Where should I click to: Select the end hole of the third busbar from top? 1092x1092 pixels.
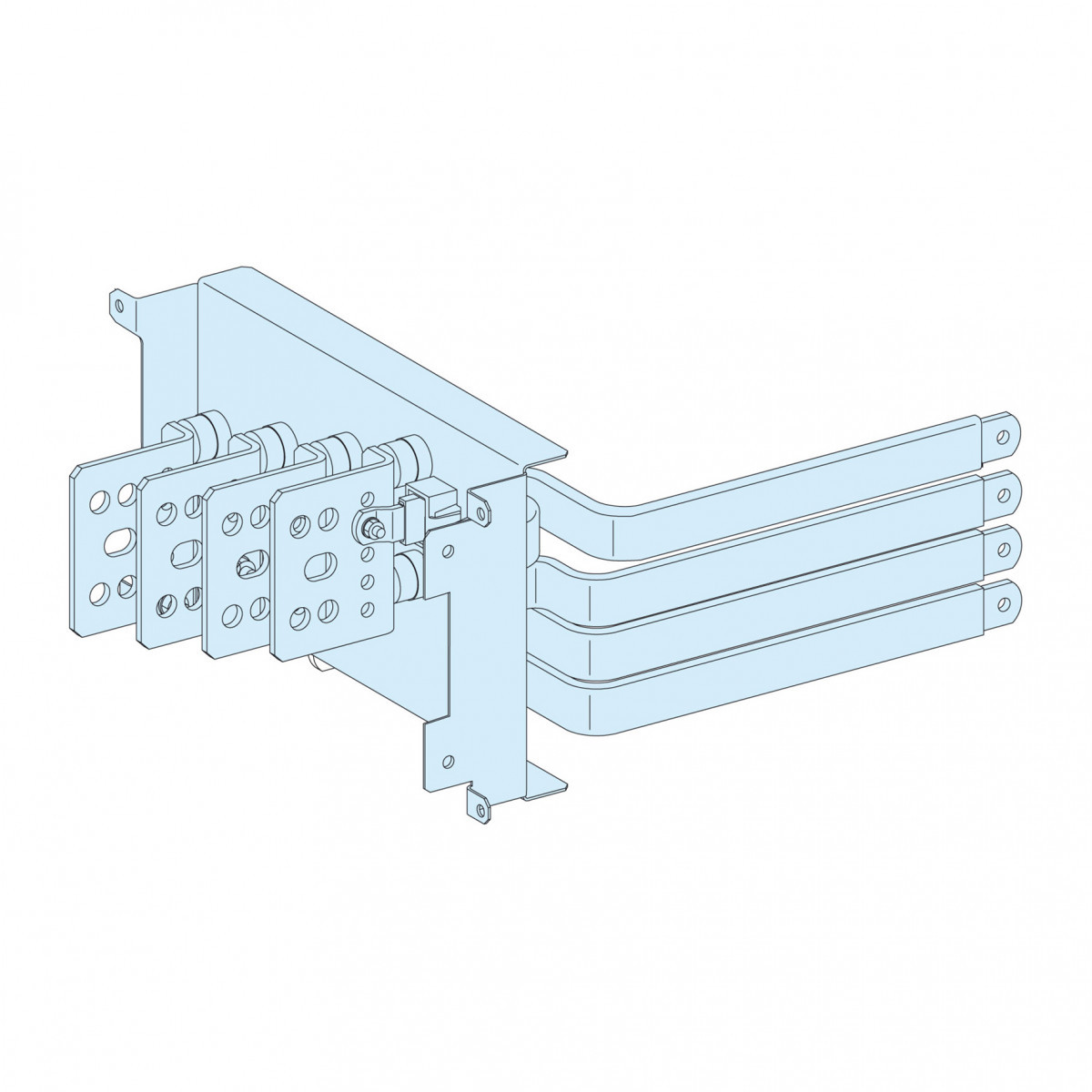click(x=1002, y=549)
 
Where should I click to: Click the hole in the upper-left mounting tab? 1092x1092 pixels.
click(x=117, y=305)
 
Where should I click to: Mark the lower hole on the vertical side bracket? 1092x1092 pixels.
click(x=446, y=760)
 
